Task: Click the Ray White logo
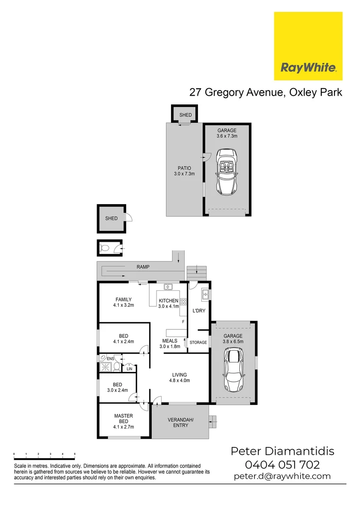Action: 308,46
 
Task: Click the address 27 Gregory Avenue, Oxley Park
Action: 265,92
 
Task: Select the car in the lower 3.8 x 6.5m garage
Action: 234,366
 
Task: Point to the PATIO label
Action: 184,171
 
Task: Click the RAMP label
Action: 143,267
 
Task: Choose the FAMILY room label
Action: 123,302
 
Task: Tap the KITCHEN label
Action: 168,301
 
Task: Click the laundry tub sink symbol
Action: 205,295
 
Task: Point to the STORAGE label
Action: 198,342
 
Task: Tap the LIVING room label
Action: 179,378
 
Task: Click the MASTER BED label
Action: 123,421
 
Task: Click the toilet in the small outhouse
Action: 106,247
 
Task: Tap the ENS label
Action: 110,359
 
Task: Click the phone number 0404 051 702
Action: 282,465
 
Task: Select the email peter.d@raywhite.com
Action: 282,476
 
